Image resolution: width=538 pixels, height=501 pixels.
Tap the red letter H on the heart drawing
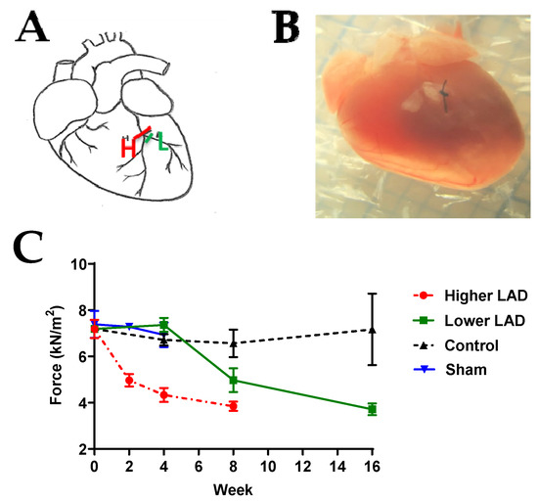click(x=128, y=149)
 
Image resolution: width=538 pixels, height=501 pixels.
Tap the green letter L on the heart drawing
click(x=158, y=143)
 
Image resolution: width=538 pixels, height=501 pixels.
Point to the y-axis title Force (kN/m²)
click(x=57, y=356)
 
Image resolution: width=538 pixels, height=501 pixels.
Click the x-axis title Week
click(x=231, y=486)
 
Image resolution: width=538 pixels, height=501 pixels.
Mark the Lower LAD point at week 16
click(x=372, y=409)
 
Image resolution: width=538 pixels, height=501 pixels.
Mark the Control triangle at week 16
click(x=372, y=330)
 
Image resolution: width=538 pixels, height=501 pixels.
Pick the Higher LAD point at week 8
click(x=233, y=406)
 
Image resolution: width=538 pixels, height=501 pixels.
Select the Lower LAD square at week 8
click(x=233, y=381)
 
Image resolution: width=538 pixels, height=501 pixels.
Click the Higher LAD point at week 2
click(x=129, y=380)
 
